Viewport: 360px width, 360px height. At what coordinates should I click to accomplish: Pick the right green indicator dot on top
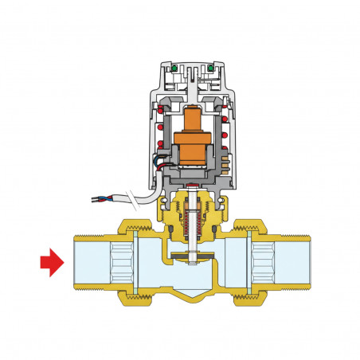coord(213,68)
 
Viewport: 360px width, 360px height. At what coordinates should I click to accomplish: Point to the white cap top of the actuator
coord(192,61)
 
